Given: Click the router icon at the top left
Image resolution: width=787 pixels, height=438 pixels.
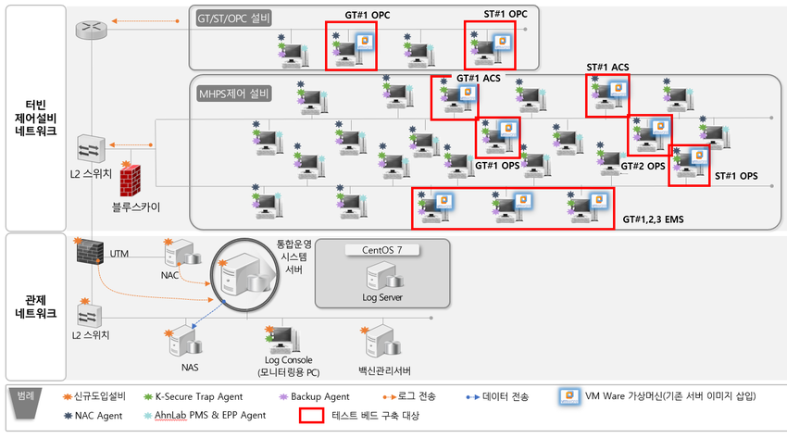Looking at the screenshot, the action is [x=92, y=29].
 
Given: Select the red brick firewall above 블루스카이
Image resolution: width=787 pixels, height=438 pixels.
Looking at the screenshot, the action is [x=130, y=181].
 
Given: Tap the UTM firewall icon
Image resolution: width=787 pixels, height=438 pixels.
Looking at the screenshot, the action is [x=91, y=252].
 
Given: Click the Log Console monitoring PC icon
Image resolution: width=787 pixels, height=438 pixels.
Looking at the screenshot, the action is [x=283, y=340].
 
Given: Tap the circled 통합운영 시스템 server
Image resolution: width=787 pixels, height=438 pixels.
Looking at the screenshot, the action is [x=244, y=275].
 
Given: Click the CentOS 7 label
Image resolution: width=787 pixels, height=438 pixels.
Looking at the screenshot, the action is [x=382, y=250].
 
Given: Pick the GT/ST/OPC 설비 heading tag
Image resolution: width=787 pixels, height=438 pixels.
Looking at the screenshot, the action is [x=234, y=19].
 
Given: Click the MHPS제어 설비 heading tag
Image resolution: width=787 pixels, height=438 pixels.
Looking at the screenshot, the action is [x=234, y=94].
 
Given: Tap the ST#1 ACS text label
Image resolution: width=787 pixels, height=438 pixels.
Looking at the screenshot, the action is [x=607, y=68].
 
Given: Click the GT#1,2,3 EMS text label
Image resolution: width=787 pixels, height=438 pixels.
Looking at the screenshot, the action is [x=653, y=219].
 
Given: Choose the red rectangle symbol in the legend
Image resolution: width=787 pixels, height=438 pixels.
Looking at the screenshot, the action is [x=312, y=416].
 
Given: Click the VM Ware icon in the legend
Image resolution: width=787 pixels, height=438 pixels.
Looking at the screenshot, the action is [x=569, y=396].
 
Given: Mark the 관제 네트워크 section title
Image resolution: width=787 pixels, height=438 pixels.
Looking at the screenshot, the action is [x=35, y=307].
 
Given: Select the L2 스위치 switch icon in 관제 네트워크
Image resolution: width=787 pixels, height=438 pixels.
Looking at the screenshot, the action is [x=89, y=315].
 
